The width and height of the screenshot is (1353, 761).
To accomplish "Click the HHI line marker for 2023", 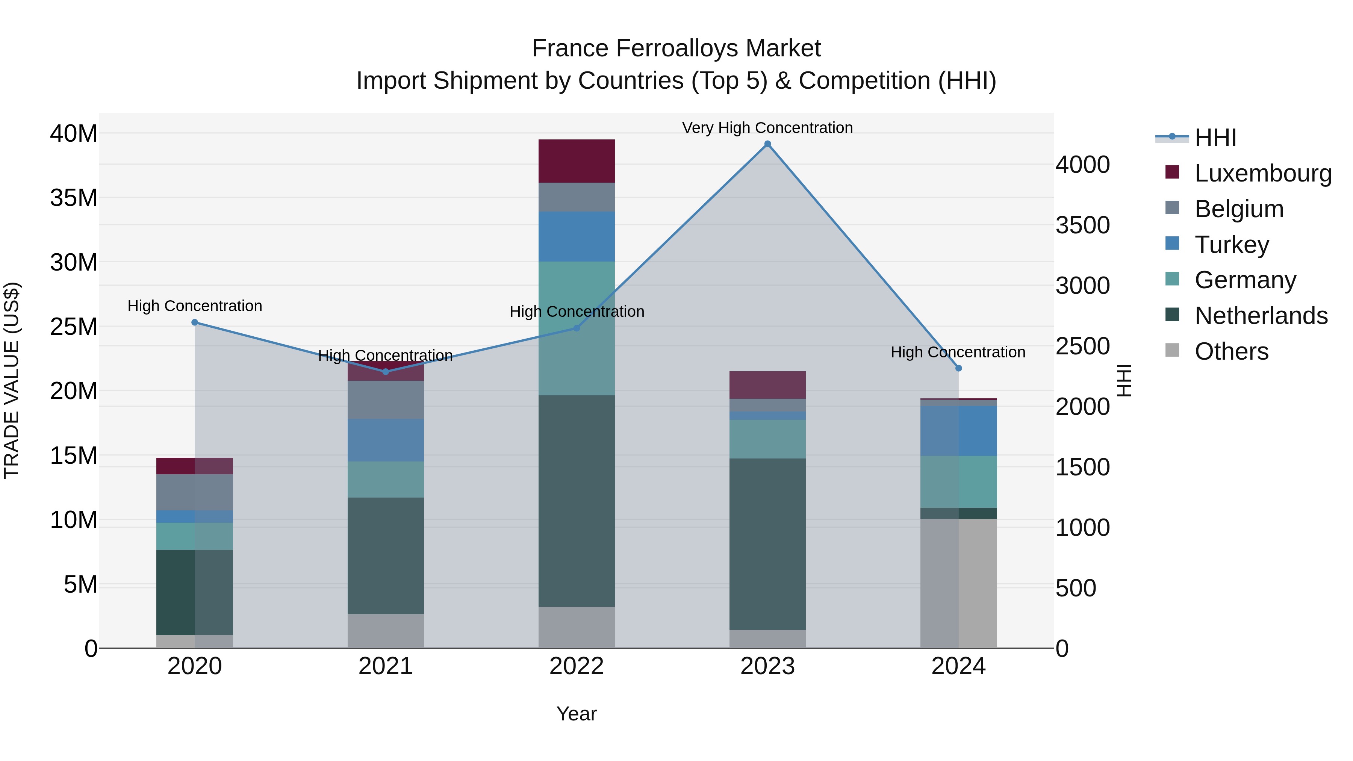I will pos(767,144).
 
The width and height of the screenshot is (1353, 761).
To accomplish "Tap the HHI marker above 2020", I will pos(195,322).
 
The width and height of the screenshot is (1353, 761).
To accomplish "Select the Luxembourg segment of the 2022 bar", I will pos(576,161).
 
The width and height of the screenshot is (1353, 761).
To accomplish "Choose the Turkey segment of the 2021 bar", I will pos(386,440).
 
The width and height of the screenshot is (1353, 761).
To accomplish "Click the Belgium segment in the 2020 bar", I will pos(195,492).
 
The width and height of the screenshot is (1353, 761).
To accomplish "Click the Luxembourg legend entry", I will pos(1263,173).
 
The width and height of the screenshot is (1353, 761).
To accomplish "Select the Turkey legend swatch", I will pos(1172,244).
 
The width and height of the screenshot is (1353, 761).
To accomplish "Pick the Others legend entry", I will pos(1231,351).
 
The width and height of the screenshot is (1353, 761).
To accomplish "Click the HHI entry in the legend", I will pos(1215,138).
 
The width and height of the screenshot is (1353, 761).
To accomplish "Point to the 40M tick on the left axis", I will pos(74,134).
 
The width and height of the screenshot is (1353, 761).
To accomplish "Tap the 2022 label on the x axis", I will pos(576,666).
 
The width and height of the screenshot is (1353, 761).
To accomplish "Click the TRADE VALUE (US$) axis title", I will pos(12,380).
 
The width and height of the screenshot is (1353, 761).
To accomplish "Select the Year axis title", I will pos(576,714).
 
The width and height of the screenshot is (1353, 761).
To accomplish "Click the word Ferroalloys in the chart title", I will pos(676,48).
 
